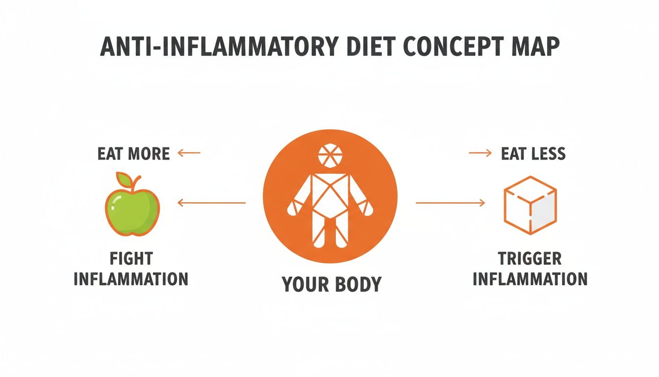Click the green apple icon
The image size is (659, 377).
pyautogui.click(x=132, y=209)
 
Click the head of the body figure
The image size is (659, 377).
pyautogui.click(x=330, y=156)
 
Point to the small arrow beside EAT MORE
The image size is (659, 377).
pyautogui.click(x=189, y=153)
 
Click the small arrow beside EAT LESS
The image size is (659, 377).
pyautogui.click(x=480, y=153)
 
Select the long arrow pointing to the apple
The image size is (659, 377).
pyautogui.click(x=211, y=202)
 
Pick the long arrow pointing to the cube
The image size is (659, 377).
pyautogui.click(x=450, y=202)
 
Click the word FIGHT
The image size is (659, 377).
pyautogui.click(x=131, y=259)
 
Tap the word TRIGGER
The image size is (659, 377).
pyautogui.click(x=530, y=259)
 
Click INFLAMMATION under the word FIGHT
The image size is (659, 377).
pyautogui.click(x=131, y=279)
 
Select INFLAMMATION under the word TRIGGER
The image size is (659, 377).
pyautogui.click(x=530, y=279)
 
